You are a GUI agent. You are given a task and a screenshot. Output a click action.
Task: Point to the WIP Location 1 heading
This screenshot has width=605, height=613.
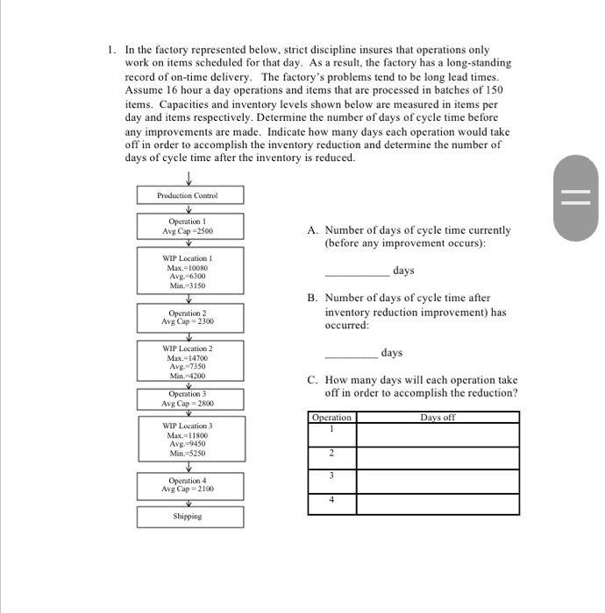189,258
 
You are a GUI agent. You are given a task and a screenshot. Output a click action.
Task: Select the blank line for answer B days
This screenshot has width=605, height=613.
351,357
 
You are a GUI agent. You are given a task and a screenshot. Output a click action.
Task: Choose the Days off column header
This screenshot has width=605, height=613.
437,418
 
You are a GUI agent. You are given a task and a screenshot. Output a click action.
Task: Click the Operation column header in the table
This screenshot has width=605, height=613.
332,418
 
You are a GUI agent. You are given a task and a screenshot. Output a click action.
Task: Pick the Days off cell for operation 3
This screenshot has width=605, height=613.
437,480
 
